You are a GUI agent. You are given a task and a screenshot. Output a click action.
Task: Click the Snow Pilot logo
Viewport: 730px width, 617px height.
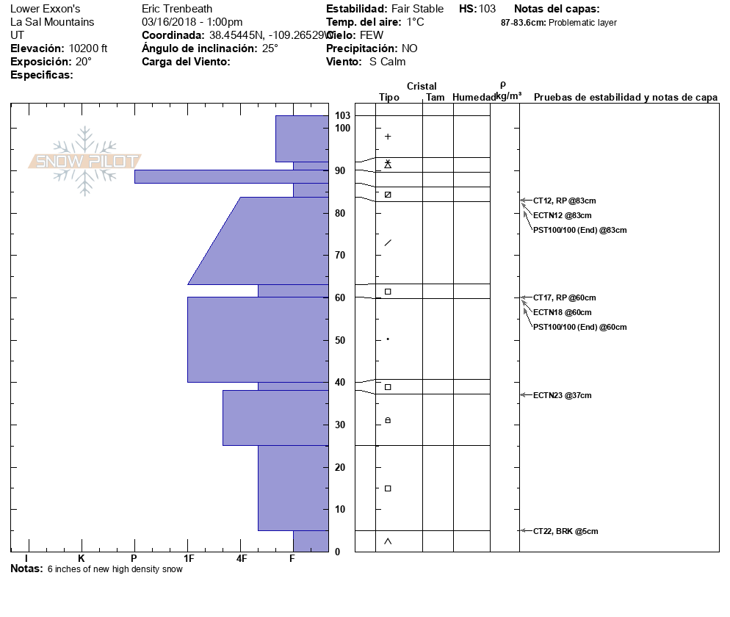85,161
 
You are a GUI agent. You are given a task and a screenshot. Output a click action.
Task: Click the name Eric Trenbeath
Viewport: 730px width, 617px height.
177,9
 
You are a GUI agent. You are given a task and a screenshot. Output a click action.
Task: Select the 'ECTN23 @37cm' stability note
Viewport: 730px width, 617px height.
562,395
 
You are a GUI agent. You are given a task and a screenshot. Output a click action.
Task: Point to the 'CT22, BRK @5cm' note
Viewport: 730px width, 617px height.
565,530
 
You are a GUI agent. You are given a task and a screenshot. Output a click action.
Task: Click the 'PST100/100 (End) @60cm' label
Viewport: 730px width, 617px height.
579,327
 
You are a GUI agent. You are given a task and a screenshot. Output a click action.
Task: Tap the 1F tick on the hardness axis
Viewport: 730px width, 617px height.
188,558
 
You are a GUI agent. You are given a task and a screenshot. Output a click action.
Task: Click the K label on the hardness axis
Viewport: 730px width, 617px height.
81,558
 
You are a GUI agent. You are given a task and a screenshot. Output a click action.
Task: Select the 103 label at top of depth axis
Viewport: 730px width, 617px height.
342,115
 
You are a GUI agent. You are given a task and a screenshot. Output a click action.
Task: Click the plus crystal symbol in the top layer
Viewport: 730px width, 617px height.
388,137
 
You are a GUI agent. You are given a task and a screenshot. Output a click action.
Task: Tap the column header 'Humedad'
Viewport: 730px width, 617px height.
474,98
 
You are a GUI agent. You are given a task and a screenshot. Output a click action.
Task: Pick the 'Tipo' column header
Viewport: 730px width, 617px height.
389,98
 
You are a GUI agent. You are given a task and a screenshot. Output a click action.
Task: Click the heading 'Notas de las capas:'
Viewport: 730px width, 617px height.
557,9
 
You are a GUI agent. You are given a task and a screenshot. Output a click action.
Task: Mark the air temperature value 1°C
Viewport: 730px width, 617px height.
415,22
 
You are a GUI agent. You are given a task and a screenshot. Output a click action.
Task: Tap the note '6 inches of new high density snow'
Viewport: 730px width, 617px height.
115,569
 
